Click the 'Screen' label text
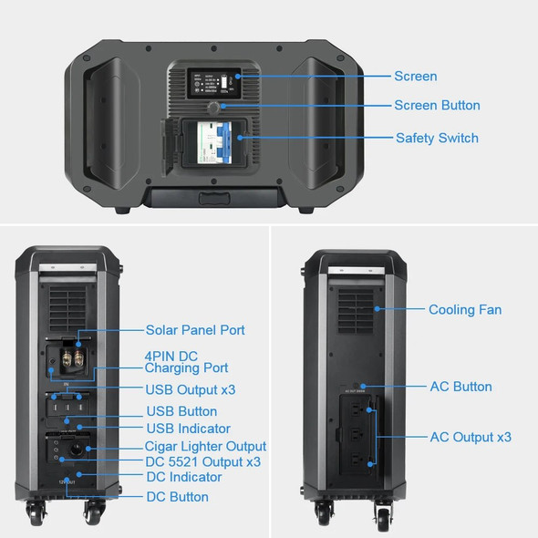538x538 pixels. [415, 77]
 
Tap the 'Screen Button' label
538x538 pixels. [437, 106]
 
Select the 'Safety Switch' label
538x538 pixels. [437, 139]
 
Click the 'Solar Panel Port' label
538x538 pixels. [195, 329]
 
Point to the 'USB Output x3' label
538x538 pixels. [191, 390]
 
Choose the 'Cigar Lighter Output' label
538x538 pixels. [205, 447]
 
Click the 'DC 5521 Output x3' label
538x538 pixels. [202, 462]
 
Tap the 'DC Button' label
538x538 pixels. [177, 497]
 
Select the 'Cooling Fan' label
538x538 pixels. [465, 310]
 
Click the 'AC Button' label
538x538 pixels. [460, 387]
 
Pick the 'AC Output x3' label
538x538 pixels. [471, 438]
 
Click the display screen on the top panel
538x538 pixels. [212, 86]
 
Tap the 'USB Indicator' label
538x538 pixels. [188, 429]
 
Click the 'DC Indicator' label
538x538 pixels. [183, 477]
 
